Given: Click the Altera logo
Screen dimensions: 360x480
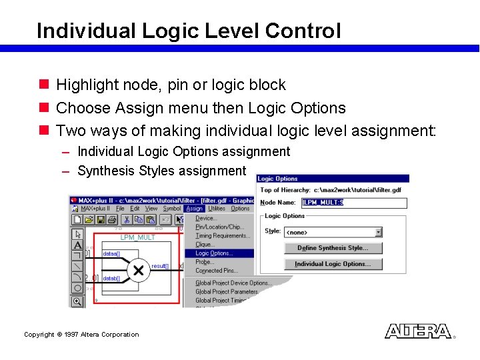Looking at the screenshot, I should coord(418,331).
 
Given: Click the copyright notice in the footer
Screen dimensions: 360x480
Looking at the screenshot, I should coord(81,335).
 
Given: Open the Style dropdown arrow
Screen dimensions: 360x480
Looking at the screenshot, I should coord(379,232).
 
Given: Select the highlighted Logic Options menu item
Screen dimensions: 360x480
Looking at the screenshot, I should coord(214,253).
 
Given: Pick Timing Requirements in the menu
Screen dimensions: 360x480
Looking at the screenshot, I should coord(223,235).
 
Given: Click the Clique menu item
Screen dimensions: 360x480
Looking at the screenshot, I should coord(204,245).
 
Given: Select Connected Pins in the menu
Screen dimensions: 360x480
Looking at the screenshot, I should coord(217,271).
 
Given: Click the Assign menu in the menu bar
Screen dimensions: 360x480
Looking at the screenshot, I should coord(194,209).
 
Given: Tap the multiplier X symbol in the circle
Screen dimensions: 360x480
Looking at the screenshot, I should coord(138,270).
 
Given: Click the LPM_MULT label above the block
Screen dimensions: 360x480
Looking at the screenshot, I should coord(137,237).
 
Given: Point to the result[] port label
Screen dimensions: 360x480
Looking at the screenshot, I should coord(160,266).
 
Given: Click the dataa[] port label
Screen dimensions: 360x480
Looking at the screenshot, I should coord(111,253).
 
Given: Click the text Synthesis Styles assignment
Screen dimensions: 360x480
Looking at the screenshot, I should coord(162,171).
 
